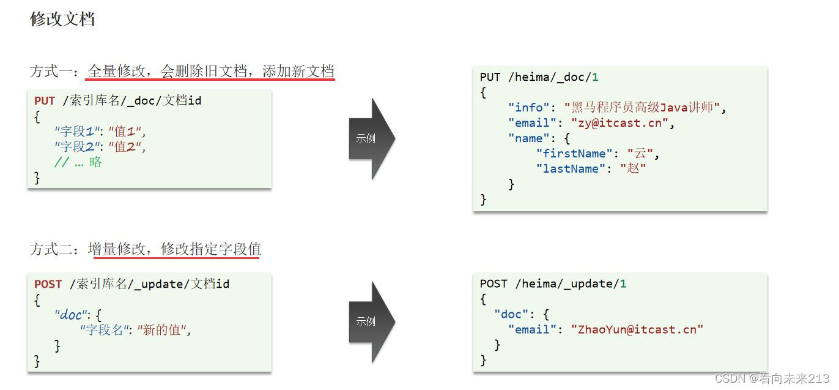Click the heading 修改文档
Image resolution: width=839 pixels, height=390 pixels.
(62, 19)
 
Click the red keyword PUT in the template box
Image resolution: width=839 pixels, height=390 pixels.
(45, 101)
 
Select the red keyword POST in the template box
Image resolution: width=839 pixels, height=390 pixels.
(48, 284)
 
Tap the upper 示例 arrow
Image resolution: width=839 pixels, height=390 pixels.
(369, 138)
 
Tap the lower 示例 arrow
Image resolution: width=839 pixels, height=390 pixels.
(369, 321)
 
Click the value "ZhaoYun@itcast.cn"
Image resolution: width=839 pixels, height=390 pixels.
(637, 329)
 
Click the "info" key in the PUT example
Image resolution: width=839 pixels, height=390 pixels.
(529, 108)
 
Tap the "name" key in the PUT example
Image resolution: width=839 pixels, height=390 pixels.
(529, 138)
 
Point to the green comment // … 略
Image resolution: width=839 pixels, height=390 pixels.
(78, 162)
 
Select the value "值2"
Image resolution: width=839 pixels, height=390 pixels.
(127, 147)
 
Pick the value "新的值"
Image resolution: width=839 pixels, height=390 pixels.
(162, 331)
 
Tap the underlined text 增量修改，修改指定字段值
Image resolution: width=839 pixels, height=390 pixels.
(174, 249)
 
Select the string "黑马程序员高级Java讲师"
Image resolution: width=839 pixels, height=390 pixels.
(643, 108)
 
